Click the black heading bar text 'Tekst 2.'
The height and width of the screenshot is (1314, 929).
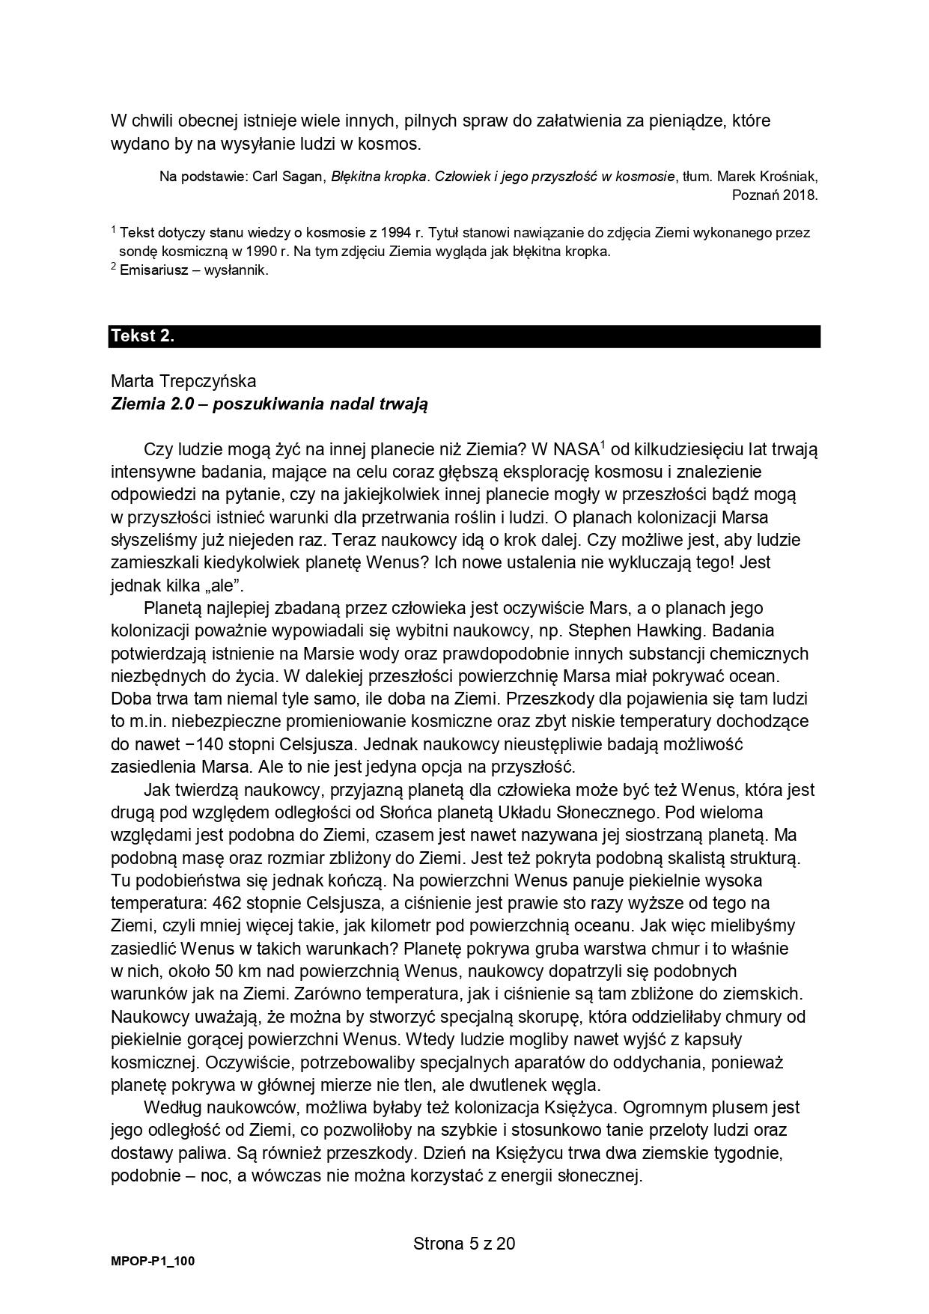click(x=142, y=336)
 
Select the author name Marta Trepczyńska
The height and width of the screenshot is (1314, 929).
click(x=183, y=381)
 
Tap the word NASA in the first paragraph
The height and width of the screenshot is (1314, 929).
click(x=575, y=449)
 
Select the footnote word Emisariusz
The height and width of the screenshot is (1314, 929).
click(x=153, y=270)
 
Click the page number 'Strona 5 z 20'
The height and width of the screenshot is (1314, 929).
click(x=464, y=1244)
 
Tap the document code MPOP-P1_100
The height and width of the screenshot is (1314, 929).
click(x=153, y=1261)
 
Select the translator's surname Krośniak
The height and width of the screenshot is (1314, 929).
click(x=788, y=177)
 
